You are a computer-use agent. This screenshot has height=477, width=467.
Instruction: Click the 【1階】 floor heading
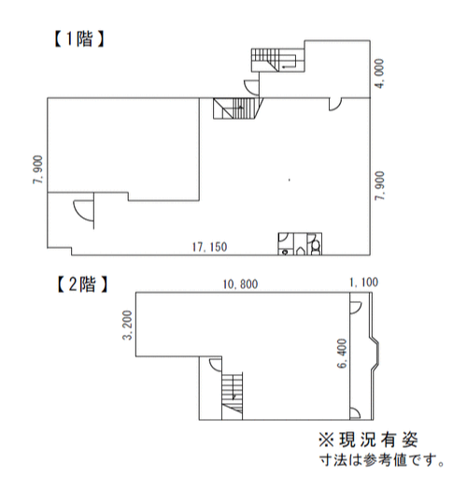79,39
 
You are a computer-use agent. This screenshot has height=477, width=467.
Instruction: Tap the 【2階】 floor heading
82,284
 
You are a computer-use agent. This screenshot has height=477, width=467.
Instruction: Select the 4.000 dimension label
380,74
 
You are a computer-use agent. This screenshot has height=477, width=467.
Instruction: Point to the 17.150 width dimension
209,247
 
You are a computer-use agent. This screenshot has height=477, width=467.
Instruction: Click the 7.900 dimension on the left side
38,169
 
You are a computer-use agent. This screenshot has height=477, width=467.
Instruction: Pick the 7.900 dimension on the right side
380,186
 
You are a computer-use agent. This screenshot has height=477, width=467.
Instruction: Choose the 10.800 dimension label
240,284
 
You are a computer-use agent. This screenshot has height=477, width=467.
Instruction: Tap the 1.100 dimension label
363,282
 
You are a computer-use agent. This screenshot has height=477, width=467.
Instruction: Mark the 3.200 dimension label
127,325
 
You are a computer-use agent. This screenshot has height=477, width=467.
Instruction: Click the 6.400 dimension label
342,354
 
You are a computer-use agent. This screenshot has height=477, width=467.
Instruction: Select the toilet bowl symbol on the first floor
315,246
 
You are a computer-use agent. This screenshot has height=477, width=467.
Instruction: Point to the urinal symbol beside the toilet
301,251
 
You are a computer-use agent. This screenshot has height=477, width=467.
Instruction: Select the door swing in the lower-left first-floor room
84,210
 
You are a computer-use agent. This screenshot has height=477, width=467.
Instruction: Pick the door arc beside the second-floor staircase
216,365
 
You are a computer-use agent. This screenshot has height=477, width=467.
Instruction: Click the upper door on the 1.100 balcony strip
356,308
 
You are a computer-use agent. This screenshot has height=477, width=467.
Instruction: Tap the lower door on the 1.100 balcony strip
355,412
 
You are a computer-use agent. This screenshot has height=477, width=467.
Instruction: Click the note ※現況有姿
368,440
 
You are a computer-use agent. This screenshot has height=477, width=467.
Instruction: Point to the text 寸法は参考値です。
382,460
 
